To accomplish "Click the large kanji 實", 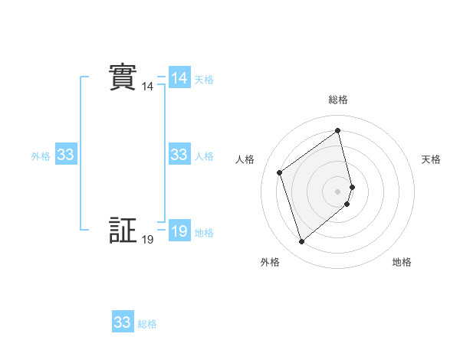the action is [122, 77].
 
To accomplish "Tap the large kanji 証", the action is [122, 230].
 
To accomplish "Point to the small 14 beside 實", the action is [147, 87].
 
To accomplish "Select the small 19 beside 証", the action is [147, 240].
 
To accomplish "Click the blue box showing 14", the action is [179, 78].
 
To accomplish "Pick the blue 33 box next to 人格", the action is [179, 155].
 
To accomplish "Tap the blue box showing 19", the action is [179, 231].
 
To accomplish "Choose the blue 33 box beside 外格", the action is [66, 155].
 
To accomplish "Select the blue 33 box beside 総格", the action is [123, 322].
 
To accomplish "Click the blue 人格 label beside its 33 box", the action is [204, 156].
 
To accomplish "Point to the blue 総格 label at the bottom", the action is [147, 324].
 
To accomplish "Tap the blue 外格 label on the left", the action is [41, 156].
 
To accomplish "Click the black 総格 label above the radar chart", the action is [338, 100].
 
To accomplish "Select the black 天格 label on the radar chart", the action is [432, 159].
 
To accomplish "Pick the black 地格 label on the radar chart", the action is [402, 262].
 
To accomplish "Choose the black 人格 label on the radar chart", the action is [245, 159].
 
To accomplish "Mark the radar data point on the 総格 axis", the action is [338, 131].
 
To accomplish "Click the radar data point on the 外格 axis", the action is [302, 242].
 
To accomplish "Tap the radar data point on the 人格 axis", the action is [280, 172].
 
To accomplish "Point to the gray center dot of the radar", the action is [338, 191].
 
